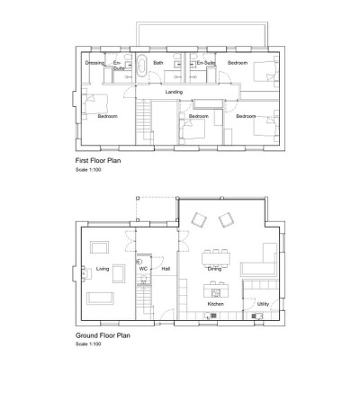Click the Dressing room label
tap(94, 64)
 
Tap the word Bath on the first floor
tap(157, 64)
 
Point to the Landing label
tap(175, 92)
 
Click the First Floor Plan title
tap(99, 161)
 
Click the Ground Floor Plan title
tap(103, 335)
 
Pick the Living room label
tap(103, 269)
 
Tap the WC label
tap(142, 269)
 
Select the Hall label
tap(165, 269)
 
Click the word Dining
tap(214, 269)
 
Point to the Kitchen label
tap(215, 305)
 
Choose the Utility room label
tap(262, 305)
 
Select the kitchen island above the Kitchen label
tap(215, 290)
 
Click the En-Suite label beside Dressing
tap(117, 65)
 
